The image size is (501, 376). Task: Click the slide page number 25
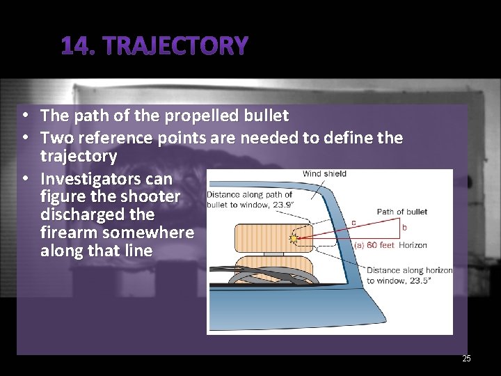pos(466,359)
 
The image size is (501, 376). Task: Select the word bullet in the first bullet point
pos(266,114)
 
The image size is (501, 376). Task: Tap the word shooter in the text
pos(154,198)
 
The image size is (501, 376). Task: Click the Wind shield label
pos(324,173)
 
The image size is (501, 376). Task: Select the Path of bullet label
pos(401,212)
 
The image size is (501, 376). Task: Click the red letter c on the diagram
pos(353,223)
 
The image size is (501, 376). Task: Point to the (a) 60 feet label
pos(374,245)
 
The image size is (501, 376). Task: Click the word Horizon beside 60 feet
pos(413,245)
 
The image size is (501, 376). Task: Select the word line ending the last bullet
pos(136,251)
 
